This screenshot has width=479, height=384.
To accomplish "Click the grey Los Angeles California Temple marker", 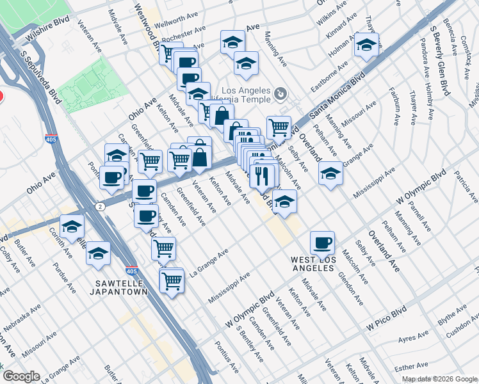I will pyautogui.click(x=280, y=95).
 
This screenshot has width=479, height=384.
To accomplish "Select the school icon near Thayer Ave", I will pyautogui.click(x=366, y=45).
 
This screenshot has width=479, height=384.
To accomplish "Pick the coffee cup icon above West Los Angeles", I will pyautogui.click(x=321, y=243).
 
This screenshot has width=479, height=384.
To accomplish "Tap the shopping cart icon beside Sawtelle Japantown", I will pyautogui.click(x=172, y=280).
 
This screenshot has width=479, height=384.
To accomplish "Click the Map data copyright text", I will pyautogui.click(x=439, y=379).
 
